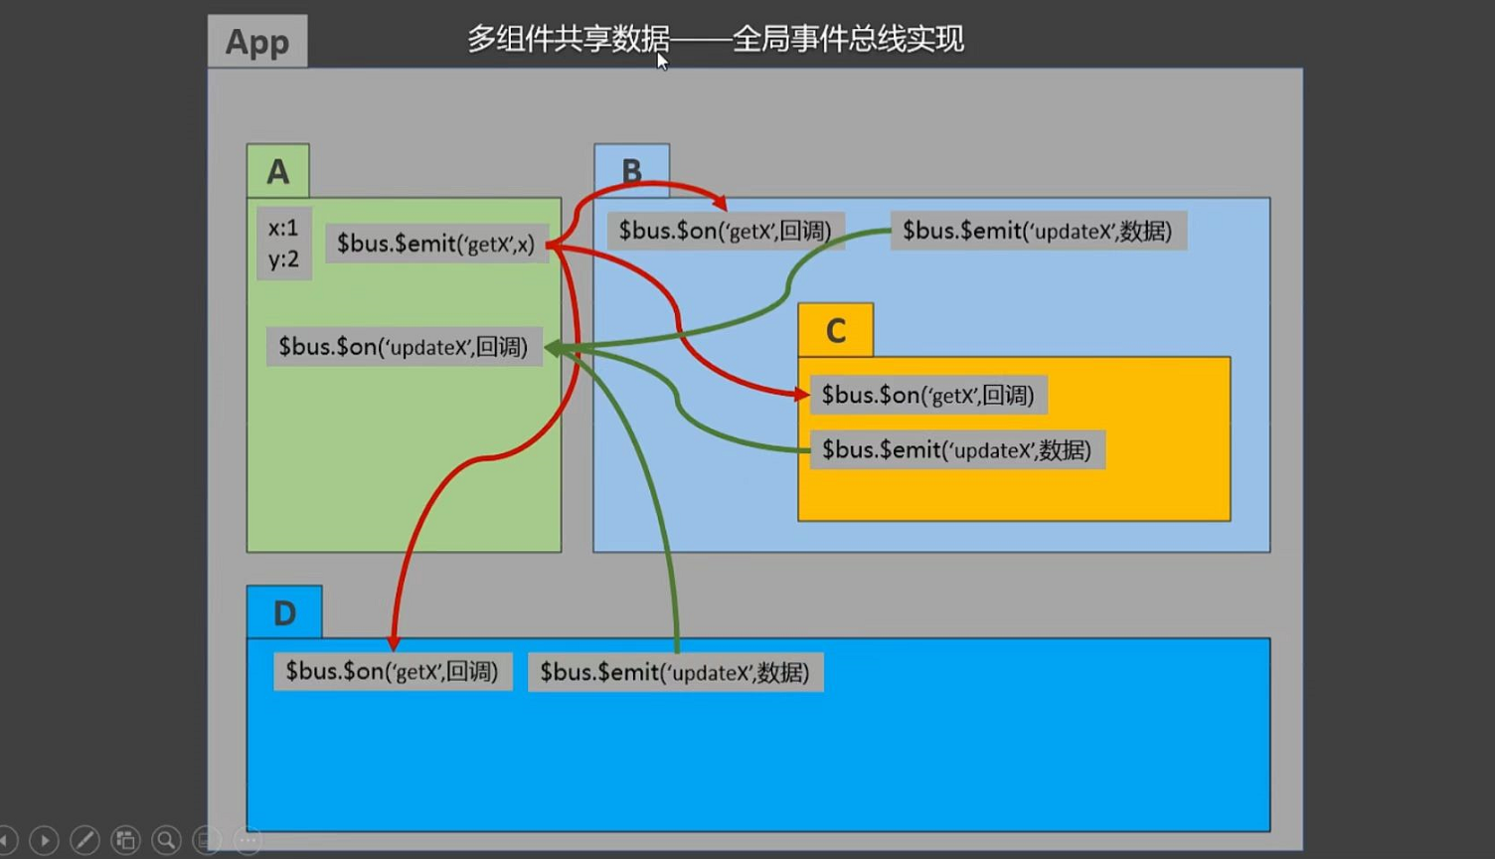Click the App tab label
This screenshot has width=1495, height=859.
coord(257,42)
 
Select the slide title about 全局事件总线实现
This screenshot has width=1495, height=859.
coord(715,40)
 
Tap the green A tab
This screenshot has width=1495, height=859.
coord(278,171)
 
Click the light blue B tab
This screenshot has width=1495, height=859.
coord(631,170)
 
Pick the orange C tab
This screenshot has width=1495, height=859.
coord(836,330)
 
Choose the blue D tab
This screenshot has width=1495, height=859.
coord(284,612)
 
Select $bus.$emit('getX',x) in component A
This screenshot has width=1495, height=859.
coord(435,244)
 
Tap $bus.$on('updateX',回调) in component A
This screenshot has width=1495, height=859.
coord(403,347)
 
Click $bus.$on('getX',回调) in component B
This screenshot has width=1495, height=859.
coord(725,231)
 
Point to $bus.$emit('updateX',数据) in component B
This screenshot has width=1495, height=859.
coord(1037,231)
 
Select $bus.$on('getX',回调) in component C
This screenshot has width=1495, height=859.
coord(927,395)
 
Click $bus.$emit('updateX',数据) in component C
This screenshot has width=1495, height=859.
coord(956,450)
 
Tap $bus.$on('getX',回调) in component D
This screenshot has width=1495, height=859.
coord(392,672)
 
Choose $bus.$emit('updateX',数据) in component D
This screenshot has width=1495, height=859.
coord(674,673)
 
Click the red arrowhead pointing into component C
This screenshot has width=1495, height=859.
coord(802,395)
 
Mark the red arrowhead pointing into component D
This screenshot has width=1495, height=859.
coord(394,643)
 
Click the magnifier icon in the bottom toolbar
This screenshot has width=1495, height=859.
coord(166,840)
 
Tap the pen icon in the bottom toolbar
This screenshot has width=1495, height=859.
coord(84,840)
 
